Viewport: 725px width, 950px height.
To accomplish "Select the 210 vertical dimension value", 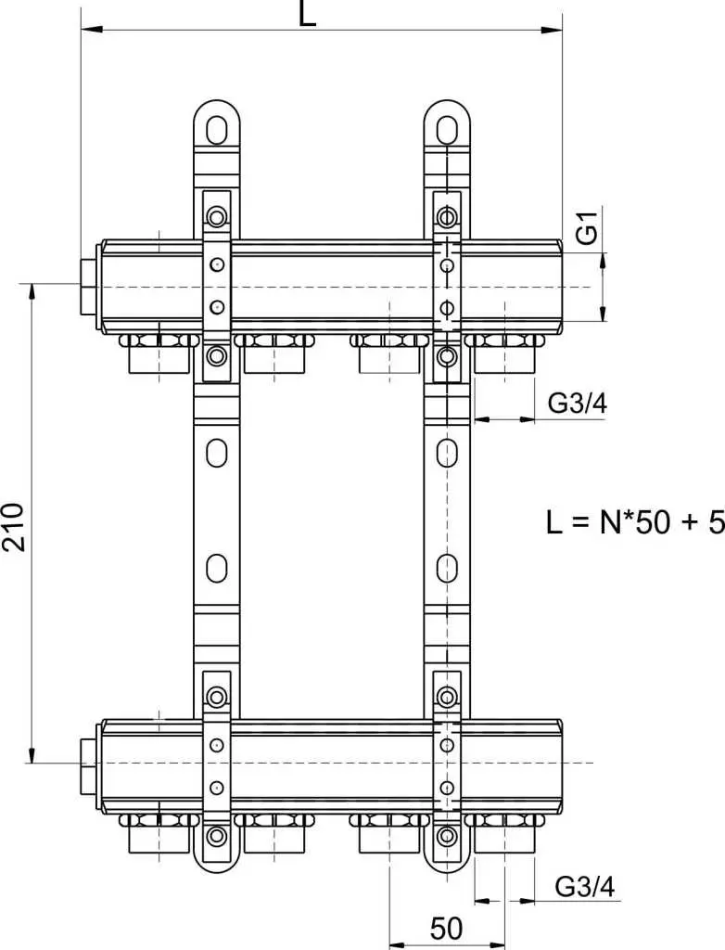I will [x=12, y=526].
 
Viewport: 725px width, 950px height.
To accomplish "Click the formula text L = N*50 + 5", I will [x=634, y=521].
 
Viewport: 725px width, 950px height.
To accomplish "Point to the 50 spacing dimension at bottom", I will [x=446, y=927].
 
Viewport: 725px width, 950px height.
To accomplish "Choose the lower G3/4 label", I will [x=585, y=887].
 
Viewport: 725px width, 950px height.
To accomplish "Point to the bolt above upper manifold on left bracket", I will [x=216, y=219].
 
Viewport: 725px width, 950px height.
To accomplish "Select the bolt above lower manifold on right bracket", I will [x=447, y=697].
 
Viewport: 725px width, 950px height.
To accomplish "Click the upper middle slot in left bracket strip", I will [x=216, y=453].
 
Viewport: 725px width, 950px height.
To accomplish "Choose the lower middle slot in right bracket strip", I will [x=447, y=565].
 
